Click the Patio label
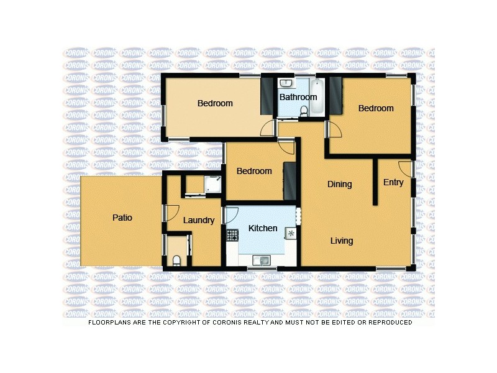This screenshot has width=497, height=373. [122, 218]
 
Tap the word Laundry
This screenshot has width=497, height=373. [199, 220]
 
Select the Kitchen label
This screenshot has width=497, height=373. [263, 228]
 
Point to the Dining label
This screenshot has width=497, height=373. [340, 184]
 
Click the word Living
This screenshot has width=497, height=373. [342, 241]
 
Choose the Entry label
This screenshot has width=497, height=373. [393, 182]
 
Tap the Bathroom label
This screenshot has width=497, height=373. [298, 97]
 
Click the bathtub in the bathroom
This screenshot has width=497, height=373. [317, 97]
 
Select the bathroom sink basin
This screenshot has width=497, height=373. [286, 83]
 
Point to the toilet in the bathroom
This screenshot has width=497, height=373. [304, 111]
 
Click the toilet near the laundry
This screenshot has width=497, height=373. [176, 260]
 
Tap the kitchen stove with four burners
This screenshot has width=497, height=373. [232, 235]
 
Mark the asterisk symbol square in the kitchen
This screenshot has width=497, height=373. [290, 234]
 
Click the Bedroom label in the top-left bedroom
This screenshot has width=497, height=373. [215, 103]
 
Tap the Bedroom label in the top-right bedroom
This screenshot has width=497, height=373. [376, 108]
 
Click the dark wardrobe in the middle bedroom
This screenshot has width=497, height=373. [289, 180]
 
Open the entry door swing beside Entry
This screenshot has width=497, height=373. [405, 168]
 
